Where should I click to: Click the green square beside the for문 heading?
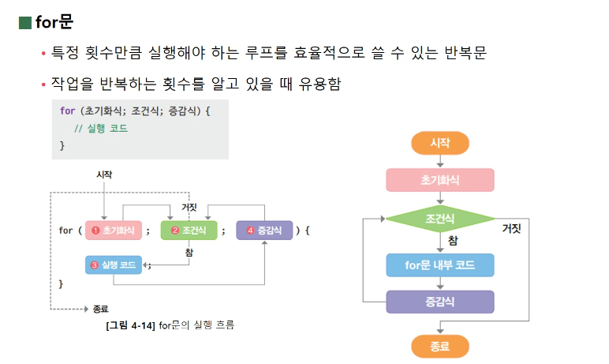tap(24, 22)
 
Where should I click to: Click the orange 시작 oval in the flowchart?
tap(439, 143)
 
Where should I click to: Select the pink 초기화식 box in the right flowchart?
tap(439, 180)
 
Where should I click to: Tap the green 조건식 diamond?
tap(439, 217)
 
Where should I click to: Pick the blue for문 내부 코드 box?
tap(439, 265)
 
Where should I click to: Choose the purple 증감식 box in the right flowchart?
tap(439, 302)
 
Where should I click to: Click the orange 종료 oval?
tap(439, 346)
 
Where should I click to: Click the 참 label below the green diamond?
tap(452, 240)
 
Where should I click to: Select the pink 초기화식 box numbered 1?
tap(114, 231)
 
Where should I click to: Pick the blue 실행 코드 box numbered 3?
tap(114, 265)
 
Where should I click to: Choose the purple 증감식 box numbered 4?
tap(264, 231)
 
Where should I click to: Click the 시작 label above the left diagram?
tap(103, 174)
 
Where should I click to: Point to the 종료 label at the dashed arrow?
tap(100, 309)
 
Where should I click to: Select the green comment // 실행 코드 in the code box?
tap(100, 129)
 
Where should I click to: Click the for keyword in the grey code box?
tap(67, 111)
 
